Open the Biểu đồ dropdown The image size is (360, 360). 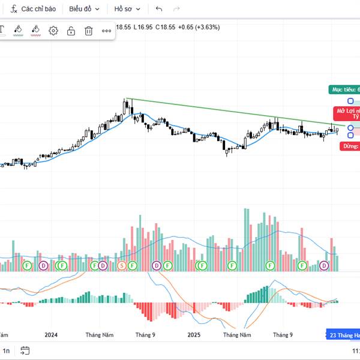[x=83, y=9]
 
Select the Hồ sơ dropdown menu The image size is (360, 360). [x=127, y=9]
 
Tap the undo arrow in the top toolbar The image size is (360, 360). [x=158, y=9]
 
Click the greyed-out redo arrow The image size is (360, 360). [x=176, y=9]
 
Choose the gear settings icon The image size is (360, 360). [x=53, y=31]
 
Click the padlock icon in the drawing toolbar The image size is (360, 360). [x=71, y=31]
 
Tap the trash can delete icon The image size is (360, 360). [x=89, y=31]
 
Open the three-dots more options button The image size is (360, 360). [x=106, y=31]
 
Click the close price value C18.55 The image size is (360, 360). [x=166, y=27]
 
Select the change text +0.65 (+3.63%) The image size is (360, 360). [x=199, y=27]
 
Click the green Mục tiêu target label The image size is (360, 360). [x=344, y=89]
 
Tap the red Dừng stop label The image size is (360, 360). [x=350, y=146]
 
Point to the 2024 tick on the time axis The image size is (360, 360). [x=51, y=335]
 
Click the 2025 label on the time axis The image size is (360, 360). [x=193, y=335]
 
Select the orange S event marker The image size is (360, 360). [x=122, y=265]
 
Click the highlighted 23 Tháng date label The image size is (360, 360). [x=343, y=335]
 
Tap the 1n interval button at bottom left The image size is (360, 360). [x=7, y=350]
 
